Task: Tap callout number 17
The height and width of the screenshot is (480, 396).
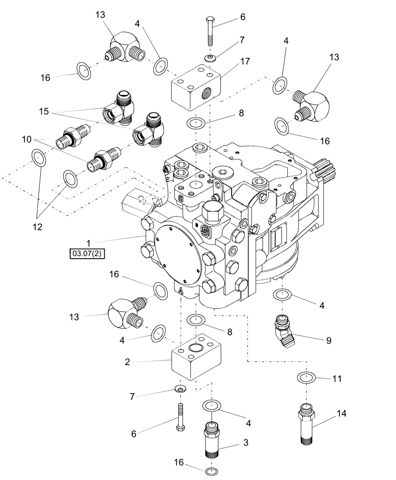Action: click(x=245, y=61)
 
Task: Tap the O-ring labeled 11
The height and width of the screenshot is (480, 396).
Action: click(x=305, y=378)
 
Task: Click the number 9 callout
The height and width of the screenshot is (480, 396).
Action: click(x=329, y=340)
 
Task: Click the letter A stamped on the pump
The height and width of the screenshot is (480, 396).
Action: click(x=180, y=290)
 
